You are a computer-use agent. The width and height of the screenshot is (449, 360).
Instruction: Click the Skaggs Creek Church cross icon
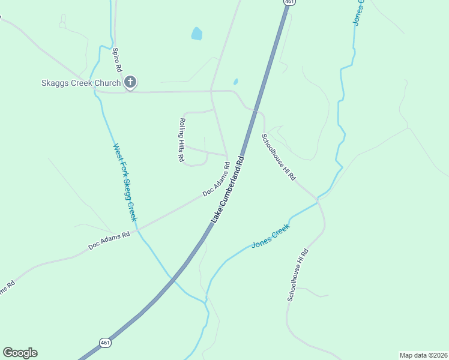[130, 83]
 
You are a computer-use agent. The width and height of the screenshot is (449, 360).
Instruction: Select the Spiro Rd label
[117, 60]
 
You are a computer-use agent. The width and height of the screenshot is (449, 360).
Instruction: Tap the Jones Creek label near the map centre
[270, 235]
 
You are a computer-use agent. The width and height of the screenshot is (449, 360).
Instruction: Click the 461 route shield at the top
[290, 2]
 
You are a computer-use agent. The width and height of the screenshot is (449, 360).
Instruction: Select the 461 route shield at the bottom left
[105, 343]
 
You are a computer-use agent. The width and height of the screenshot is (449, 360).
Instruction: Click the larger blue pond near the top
[196, 34]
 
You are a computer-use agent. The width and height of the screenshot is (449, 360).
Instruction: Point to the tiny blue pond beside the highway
[235, 82]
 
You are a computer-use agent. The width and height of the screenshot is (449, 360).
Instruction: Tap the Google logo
[20, 353]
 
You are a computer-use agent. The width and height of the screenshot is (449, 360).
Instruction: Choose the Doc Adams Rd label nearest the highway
[216, 182]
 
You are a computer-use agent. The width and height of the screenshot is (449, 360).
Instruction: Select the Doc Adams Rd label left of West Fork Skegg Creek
[109, 241]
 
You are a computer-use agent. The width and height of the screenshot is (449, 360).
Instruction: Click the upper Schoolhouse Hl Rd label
[279, 157]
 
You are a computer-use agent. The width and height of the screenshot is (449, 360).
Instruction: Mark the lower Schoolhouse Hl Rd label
[298, 275]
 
